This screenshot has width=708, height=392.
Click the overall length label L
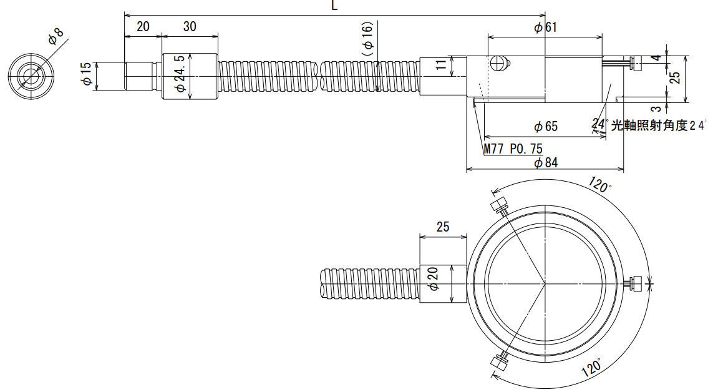click(x=334, y=6)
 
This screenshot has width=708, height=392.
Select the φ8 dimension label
click(x=56, y=36)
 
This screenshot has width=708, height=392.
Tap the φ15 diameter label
click(x=86, y=74)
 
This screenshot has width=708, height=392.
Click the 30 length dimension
click(x=190, y=27)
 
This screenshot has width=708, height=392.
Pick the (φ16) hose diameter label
click(x=367, y=38)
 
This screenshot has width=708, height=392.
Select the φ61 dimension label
click(x=545, y=27)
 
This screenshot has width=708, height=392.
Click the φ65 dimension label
click(x=545, y=127)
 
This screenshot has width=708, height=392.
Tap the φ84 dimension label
click(x=545, y=162)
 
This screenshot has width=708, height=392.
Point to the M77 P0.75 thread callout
click(x=513, y=149)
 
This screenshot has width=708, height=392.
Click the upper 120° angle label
click(x=599, y=185)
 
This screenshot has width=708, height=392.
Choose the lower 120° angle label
click(x=591, y=368)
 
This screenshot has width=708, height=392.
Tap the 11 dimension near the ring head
click(x=441, y=64)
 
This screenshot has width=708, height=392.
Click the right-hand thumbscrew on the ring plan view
click(x=634, y=283)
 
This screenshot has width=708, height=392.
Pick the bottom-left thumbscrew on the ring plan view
click(x=500, y=361)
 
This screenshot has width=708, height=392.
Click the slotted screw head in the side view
click(x=497, y=63)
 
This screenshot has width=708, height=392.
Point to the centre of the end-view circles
click(x=31, y=76)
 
